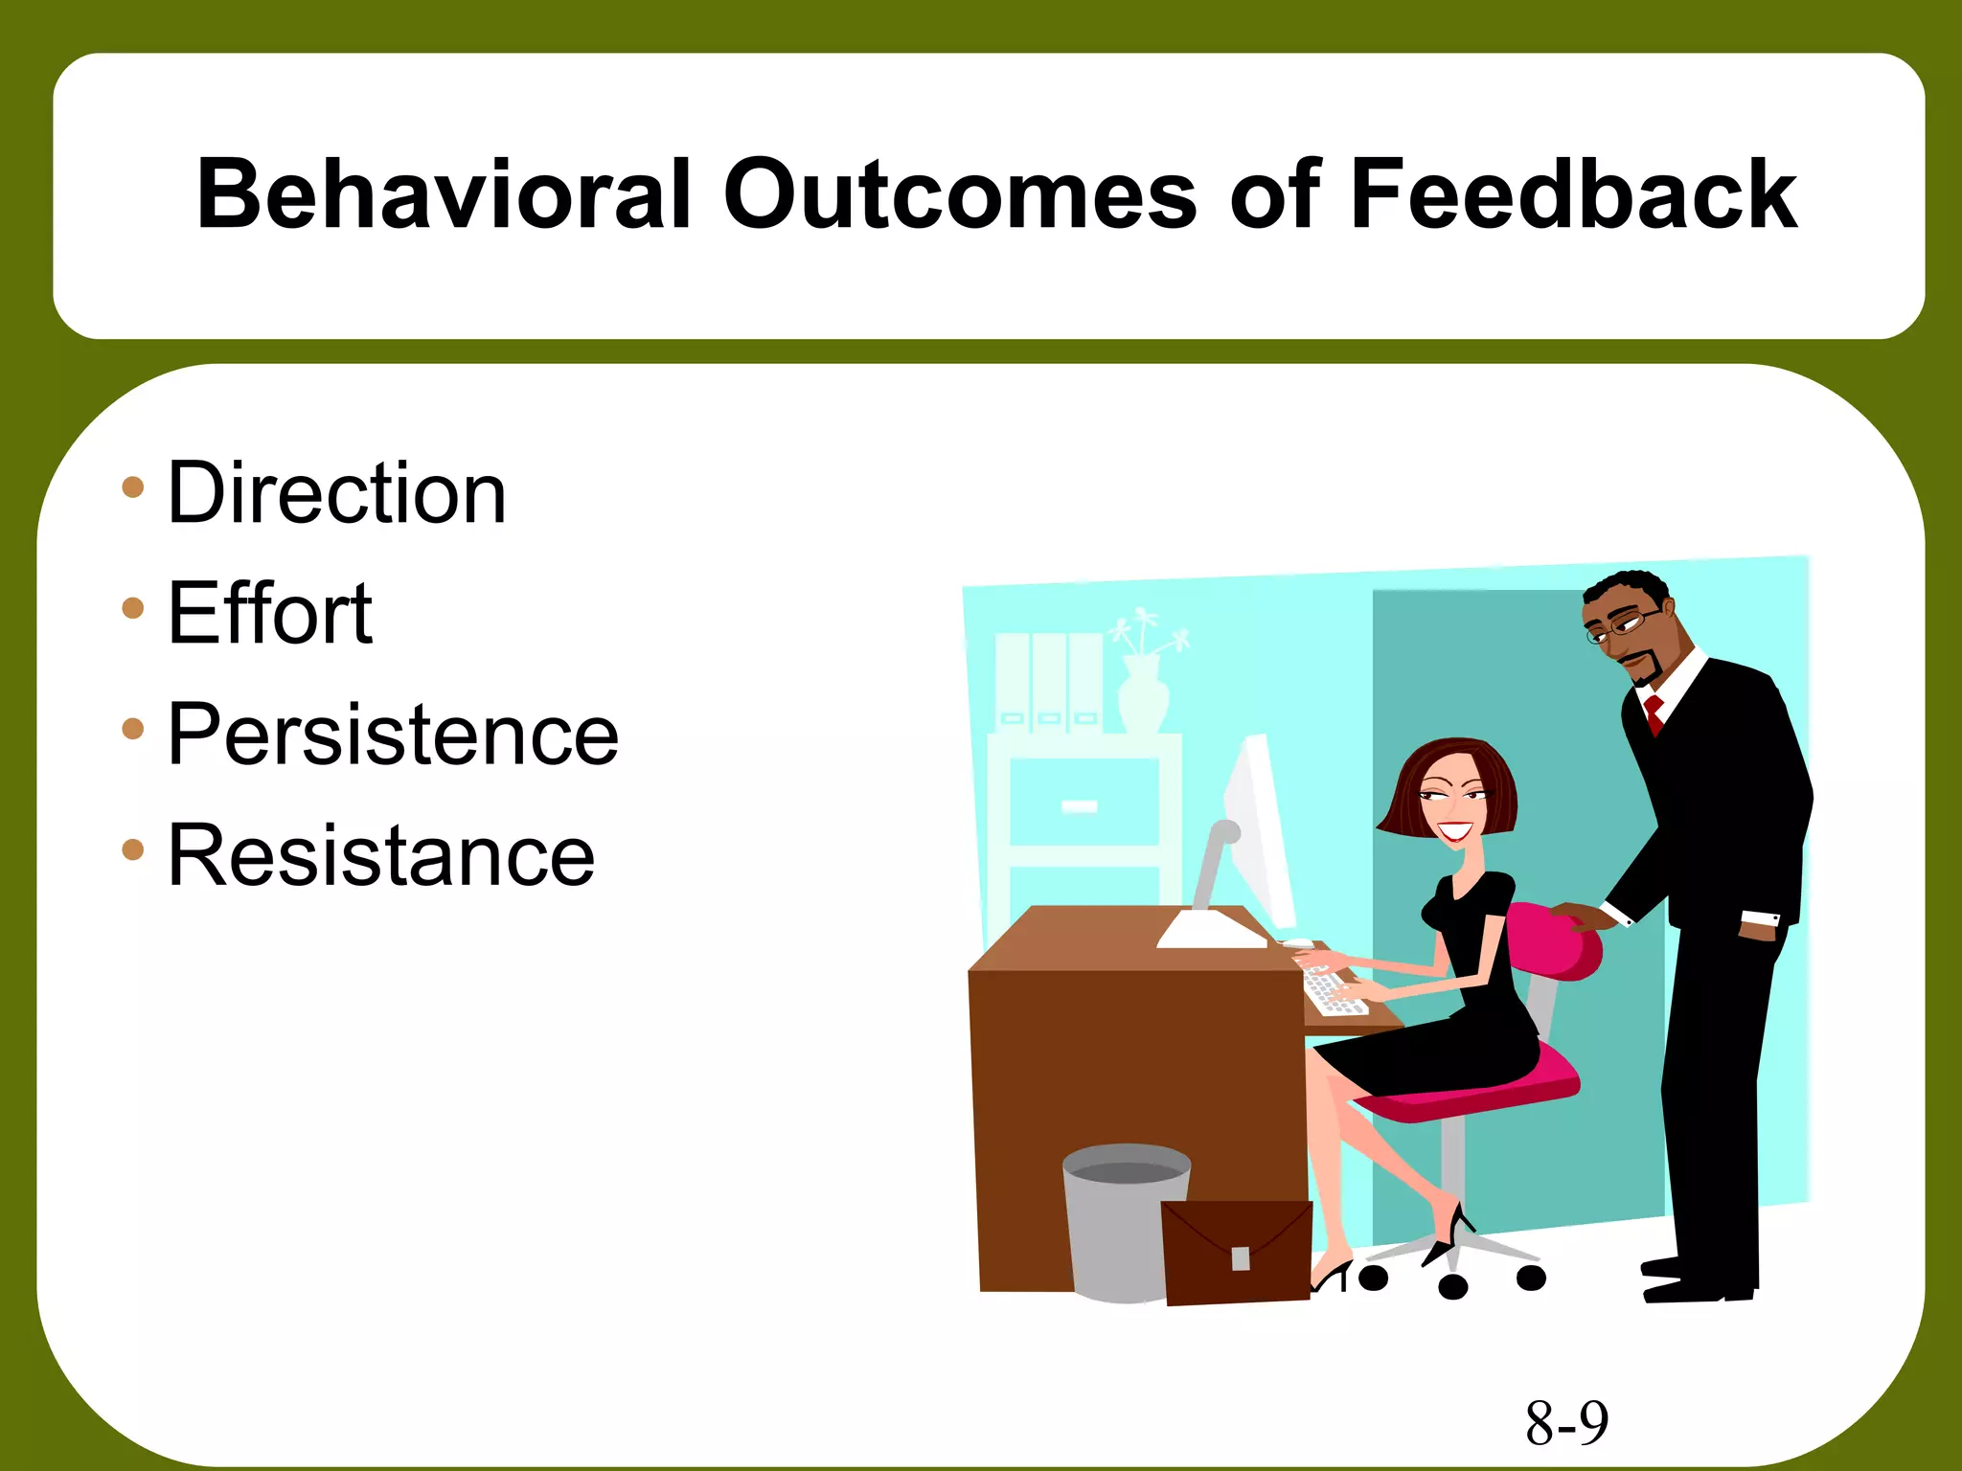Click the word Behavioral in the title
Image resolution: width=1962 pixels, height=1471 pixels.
pos(443,194)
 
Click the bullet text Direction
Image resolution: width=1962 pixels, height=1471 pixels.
pos(336,493)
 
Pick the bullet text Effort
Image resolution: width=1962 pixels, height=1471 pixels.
pos(270,614)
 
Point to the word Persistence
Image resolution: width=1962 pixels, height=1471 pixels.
pos(393,735)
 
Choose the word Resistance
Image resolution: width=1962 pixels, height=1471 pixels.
pos(381,855)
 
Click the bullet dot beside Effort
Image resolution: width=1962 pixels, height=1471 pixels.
pos(133,608)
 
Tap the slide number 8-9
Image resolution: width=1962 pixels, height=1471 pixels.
pos(1567,1423)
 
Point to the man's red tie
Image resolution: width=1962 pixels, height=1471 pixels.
pos(1654,714)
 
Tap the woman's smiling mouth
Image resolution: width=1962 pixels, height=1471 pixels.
pos(1454,830)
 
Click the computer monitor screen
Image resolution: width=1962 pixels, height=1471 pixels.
pos(1260,833)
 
